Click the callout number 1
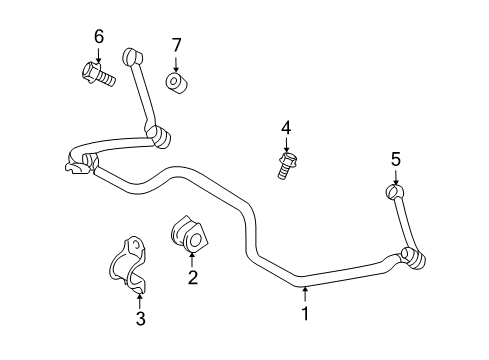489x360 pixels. [x=306, y=313]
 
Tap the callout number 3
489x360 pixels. [x=140, y=319]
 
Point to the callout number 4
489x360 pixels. [x=285, y=127]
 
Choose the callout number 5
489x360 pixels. [x=395, y=158]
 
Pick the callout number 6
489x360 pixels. [x=99, y=37]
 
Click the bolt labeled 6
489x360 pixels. [x=97, y=72]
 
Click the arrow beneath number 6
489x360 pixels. [x=99, y=54]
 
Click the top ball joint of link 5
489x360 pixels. [x=393, y=190]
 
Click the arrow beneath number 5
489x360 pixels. [x=395, y=175]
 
